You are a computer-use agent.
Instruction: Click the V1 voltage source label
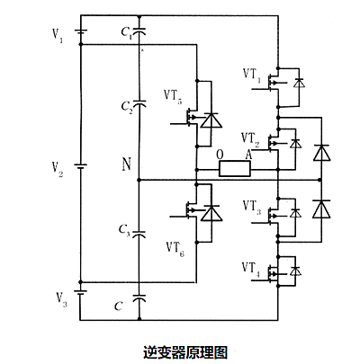tap(58, 39)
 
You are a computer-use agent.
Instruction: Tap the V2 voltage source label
tap(57, 167)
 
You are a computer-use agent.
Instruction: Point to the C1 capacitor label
tap(125, 35)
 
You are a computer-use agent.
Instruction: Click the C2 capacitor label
tap(126, 107)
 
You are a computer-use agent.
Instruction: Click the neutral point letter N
tap(127, 164)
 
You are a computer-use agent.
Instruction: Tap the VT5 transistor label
tap(173, 94)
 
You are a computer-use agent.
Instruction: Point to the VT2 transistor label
tap(252, 138)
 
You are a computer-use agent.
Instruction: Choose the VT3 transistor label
tap(252, 208)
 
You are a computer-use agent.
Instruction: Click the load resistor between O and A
tap(234, 168)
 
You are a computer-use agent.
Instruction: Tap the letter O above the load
tap(220, 154)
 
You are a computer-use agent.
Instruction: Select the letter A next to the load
tap(247, 154)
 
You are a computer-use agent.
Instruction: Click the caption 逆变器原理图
tap(180, 349)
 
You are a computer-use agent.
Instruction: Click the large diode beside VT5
tap(211, 120)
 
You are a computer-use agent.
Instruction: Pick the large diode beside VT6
tap(211, 213)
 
